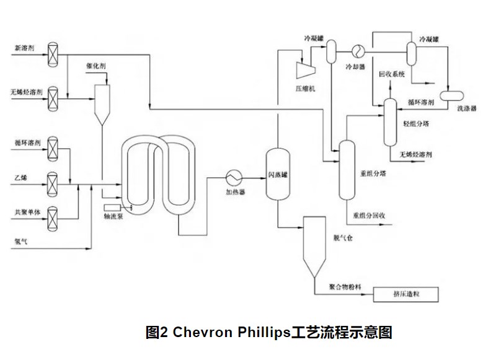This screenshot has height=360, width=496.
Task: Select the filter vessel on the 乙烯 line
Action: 54,182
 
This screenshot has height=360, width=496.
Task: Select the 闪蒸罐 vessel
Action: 278,173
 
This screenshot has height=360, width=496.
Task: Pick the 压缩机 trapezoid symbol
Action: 306,71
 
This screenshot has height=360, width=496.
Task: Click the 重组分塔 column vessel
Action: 346,169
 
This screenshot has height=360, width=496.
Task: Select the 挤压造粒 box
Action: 406,293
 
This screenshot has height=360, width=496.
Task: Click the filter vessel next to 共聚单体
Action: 54,212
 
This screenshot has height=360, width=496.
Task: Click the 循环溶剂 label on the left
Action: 27,143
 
